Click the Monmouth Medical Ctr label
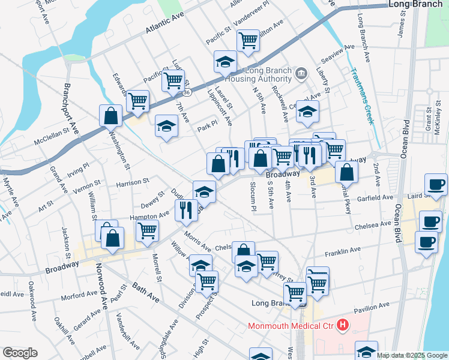click(x=291, y=326)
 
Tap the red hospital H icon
click(x=342, y=326)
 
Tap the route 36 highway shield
click(x=187, y=92)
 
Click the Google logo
click(x=20, y=353)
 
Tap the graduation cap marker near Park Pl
click(x=167, y=126)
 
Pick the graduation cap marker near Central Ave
click(x=307, y=112)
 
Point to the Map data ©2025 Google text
click(x=411, y=355)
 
